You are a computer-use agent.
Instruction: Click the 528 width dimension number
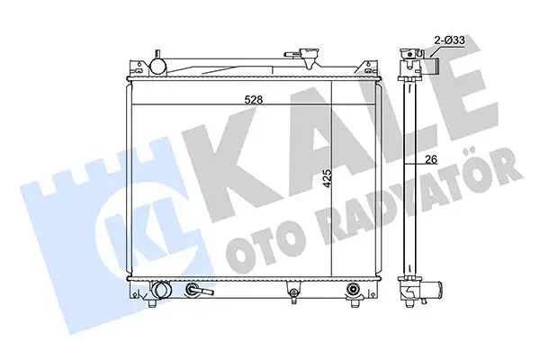(254, 100)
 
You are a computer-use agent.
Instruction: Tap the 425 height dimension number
(328, 178)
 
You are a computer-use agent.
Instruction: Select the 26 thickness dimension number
(431, 159)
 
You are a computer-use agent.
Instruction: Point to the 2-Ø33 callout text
(449, 40)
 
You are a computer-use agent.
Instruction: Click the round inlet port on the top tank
(158, 66)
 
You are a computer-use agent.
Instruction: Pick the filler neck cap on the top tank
(309, 54)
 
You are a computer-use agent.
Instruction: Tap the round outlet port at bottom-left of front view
(161, 289)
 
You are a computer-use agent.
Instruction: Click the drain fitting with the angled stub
(198, 290)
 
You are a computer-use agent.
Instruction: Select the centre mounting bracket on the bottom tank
(293, 292)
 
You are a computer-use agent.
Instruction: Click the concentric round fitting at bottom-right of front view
(354, 289)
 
